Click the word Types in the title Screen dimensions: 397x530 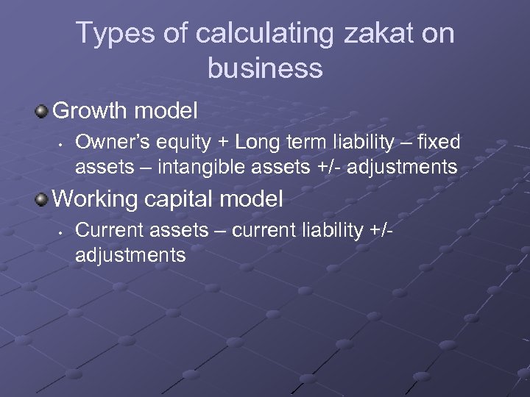tap(112, 34)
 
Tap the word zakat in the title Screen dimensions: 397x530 tap(352, 34)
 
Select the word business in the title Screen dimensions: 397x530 tap(265, 68)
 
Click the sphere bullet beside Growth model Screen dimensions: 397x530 tap(42, 112)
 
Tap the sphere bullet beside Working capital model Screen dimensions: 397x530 tap(42, 198)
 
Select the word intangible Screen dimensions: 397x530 tap(203, 167)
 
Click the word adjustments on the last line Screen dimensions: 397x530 tap(130, 255)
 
